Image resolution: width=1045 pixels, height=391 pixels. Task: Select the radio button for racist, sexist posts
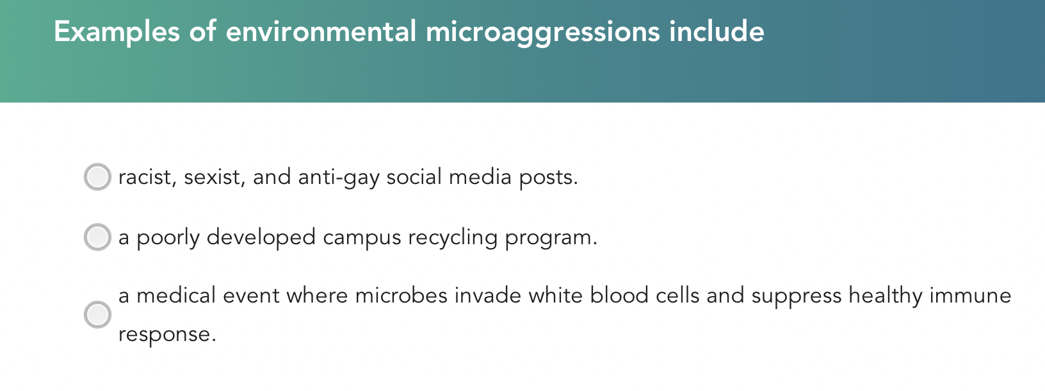tap(97, 177)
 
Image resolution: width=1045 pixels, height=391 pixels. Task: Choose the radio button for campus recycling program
tap(97, 237)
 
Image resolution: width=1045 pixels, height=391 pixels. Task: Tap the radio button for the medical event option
tap(97, 315)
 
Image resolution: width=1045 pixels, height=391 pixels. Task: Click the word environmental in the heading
tap(321, 32)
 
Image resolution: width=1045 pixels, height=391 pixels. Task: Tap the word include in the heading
tap(717, 32)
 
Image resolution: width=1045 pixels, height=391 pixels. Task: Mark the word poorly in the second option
tap(168, 238)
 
